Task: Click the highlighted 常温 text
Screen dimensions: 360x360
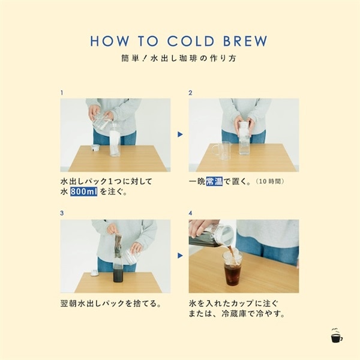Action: (214, 181)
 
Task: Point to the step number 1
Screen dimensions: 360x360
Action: (62, 93)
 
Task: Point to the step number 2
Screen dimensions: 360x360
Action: (190, 93)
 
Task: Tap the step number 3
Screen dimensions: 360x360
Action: (62, 213)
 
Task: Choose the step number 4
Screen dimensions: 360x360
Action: (190, 213)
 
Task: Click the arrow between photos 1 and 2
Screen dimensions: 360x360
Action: (179, 134)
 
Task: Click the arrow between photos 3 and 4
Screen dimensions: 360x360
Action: (179, 256)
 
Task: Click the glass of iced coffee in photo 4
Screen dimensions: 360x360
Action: (232, 268)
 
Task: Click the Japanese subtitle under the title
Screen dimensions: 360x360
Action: (179, 60)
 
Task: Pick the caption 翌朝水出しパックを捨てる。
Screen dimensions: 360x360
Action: (110, 302)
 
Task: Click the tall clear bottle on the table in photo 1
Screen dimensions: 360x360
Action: (115, 143)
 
